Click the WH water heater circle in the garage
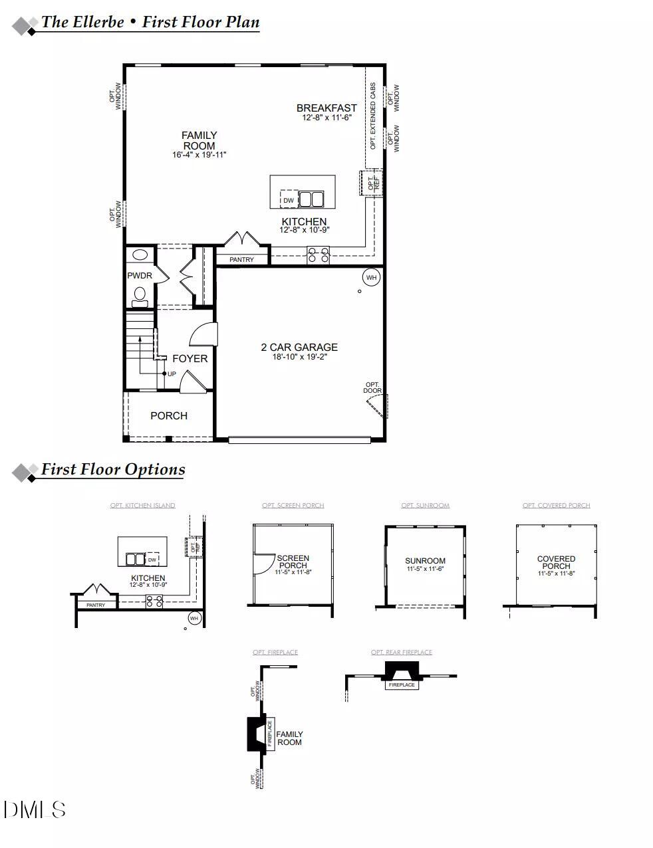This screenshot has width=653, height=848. coord(371,277)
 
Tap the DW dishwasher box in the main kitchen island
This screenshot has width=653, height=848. coord(288,200)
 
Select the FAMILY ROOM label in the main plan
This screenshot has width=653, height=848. coord(199,140)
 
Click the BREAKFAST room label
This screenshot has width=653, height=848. coord(326,108)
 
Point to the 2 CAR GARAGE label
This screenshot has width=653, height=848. coord(299,347)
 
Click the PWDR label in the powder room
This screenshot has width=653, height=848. coord(140,276)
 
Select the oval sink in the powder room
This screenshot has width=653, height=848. coord(140,255)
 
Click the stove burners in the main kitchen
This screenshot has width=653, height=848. coord(318,255)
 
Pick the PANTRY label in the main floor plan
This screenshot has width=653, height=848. coord(241,260)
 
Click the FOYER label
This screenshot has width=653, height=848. coord(190,359)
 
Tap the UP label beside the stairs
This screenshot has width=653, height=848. coord(172,374)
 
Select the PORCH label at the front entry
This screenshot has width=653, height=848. coord(169,416)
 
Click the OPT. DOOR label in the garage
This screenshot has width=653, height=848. coord(372,387)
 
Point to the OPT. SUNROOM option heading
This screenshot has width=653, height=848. coord(425,506)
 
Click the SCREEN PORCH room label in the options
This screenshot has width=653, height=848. coord(293,562)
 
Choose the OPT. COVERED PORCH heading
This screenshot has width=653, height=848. coord(556,506)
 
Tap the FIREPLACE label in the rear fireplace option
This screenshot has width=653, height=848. coord(402,685)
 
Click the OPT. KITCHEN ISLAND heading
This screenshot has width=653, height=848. coord(142,506)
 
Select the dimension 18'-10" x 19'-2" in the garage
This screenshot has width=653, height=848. coord(299,357)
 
